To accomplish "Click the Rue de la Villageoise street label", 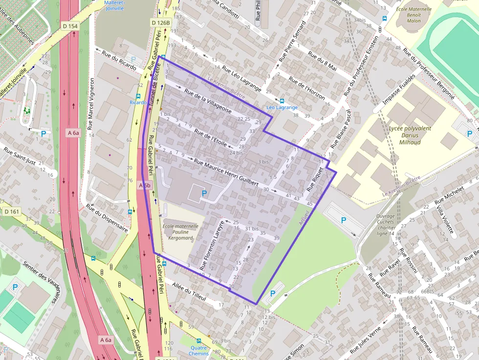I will pos(207,101).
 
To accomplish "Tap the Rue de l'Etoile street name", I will pos(211,138).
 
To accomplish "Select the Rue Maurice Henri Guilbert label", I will pos(226,173).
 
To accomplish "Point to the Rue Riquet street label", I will pos(315,179).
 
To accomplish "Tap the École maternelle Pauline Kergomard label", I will pos(180,232).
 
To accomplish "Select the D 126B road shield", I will pos(160,22).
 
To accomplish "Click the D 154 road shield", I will pos(70,26).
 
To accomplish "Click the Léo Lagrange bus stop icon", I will pos(281,101).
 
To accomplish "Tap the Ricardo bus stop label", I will pos(138,103).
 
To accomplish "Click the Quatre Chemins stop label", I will pos(198,351).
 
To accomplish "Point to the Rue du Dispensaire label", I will pos(107,217).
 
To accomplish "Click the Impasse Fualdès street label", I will pos(399,89).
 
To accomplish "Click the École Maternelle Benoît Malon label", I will pos(413,15).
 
